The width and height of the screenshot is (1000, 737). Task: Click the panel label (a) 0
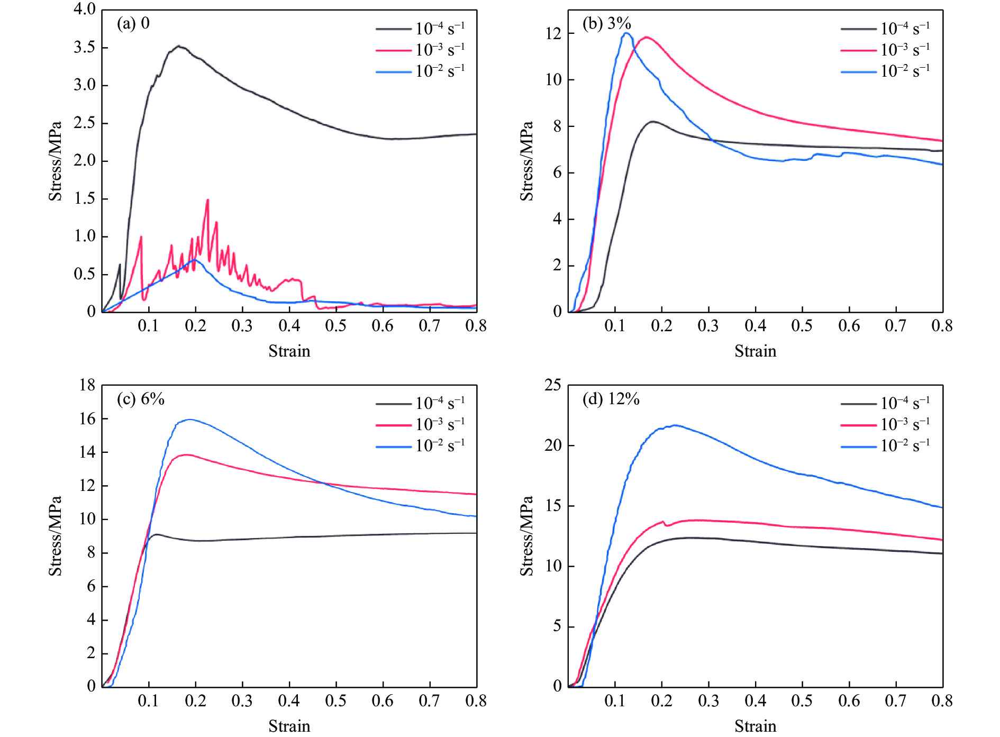[x=133, y=24]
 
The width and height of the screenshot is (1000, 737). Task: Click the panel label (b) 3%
[x=606, y=24]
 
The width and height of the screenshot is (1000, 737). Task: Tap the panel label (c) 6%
[x=140, y=399]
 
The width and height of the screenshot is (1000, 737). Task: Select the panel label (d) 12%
[x=611, y=399]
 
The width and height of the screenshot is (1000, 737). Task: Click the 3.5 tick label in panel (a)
[x=84, y=48]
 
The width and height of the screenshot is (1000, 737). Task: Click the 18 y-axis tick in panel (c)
[x=87, y=385]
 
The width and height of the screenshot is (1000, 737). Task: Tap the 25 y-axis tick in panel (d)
[x=553, y=385]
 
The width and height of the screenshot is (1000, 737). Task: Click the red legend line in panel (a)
[x=393, y=51]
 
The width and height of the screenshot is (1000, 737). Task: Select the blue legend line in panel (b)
[x=858, y=72]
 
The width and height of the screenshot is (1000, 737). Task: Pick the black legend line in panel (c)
[x=393, y=404]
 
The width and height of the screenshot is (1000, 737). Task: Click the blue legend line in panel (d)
[x=858, y=447]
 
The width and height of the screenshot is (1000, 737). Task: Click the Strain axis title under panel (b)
[x=755, y=351]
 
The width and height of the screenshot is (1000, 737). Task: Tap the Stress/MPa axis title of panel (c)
[x=55, y=535]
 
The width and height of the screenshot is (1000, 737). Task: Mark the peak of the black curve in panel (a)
[x=179, y=46]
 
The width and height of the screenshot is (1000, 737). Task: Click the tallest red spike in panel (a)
[x=207, y=200]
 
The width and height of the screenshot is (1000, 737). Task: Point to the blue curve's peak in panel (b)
[x=627, y=33]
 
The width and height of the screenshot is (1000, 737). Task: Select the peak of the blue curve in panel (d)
[x=675, y=425]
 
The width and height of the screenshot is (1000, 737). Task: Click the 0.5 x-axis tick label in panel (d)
[x=802, y=701]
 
